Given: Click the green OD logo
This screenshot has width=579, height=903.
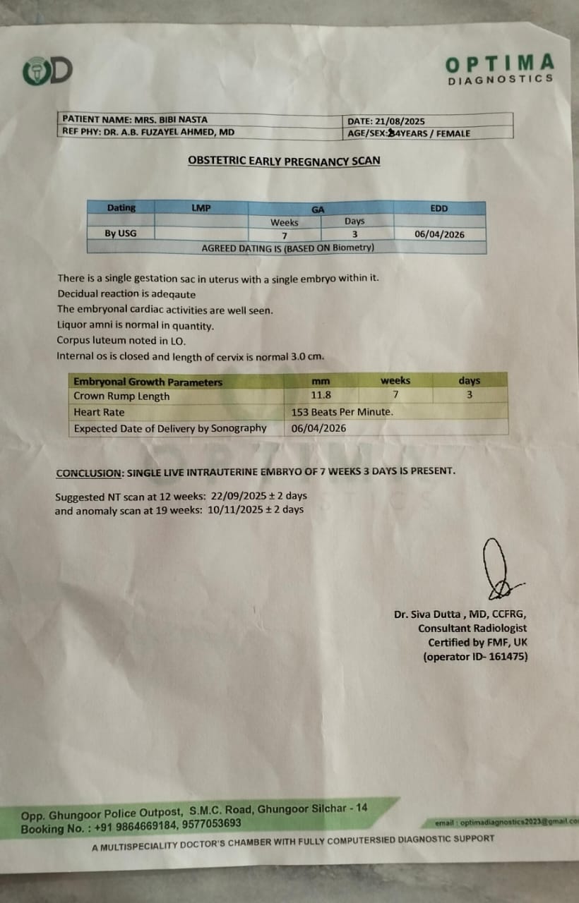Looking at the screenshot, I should pyautogui.click(x=47, y=71).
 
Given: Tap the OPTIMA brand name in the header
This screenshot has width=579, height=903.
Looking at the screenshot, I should pyautogui.click(x=499, y=64).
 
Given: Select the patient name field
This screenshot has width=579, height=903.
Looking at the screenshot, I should pyautogui.click(x=135, y=119).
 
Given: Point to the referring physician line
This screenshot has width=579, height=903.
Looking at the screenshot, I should pyautogui.click(x=148, y=132).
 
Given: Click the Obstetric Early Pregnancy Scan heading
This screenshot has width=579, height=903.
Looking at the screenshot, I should pyautogui.click(x=284, y=161).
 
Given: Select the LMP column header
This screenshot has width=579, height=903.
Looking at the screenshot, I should pyautogui.click(x=201, y=208).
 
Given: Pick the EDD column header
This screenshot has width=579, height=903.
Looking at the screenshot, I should pyautogui.click(x=438, y=208).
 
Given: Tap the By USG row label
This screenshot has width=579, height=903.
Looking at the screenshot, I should pyautogui.click(x=120, y=234).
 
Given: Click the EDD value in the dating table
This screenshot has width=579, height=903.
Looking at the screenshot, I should pyautogui.click(x=439, y=234).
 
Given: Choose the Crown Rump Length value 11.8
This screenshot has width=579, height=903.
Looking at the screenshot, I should pyautogui.click(x=321, y=395).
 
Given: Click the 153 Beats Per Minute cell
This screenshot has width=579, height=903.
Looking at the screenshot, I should pyautogui.click(x=342, y=412).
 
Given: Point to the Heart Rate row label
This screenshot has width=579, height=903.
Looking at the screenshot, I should pyautogui.click(x=99, y=412).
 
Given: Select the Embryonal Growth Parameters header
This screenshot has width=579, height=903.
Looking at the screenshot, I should pyautogui.click(x=148, y=382).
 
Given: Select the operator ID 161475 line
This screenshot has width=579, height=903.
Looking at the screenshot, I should pyautogui.click(x=474, y=657).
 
